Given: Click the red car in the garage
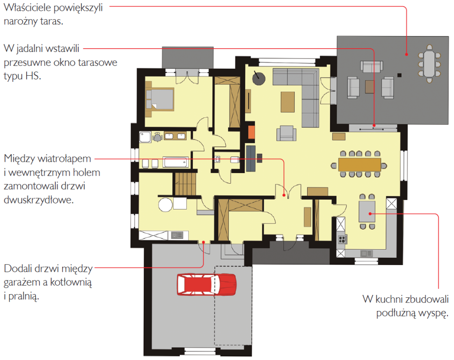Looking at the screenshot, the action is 207,284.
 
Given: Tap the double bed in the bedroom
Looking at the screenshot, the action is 160,100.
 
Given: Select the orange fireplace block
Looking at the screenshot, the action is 251,132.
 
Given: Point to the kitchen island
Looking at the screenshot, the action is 367,211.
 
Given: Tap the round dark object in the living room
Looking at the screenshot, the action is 258,78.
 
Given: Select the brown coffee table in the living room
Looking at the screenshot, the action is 287,102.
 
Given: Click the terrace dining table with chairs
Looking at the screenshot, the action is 429,64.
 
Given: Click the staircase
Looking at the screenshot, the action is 185,184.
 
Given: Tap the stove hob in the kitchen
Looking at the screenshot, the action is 342,239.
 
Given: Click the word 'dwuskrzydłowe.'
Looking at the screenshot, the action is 39,200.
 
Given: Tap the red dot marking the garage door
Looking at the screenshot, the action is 204,242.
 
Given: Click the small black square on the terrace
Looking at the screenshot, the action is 399,75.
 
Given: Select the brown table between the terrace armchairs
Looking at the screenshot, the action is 369,87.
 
